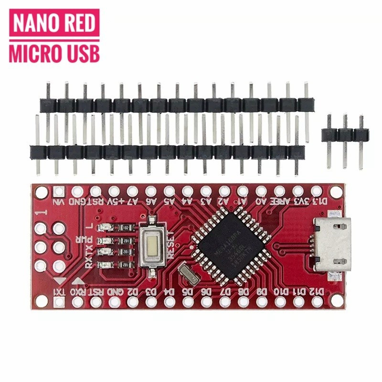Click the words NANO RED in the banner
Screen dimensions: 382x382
coord(53,24)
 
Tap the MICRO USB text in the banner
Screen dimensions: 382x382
coord(53,53)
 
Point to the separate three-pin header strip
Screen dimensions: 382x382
coord(344,136)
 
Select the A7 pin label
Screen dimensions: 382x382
coord(133,202)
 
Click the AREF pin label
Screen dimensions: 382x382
coord(281,202)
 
